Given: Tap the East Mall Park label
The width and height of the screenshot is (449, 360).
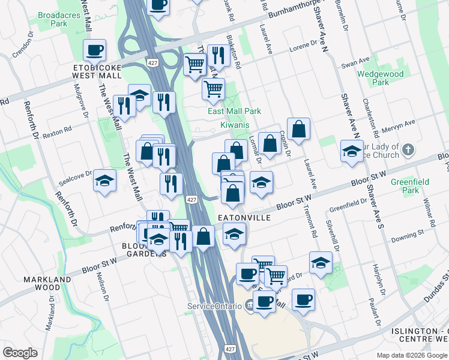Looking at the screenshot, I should click(234, 111).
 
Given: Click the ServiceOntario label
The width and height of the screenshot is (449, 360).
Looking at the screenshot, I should click(212, 306).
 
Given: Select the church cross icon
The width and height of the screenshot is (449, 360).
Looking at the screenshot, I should click(408, 149).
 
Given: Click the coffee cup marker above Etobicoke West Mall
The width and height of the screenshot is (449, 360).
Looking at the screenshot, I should click(95, 50).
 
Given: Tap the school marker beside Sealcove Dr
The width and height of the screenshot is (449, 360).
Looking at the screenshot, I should click(104, 180).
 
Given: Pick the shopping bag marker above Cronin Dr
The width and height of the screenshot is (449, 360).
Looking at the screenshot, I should click(298, 128).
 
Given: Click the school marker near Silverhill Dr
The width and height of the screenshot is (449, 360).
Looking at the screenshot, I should click(321, 262).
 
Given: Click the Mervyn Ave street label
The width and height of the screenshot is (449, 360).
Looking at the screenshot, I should click(401, 124).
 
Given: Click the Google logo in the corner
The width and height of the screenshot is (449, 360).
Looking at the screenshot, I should click(20, 353).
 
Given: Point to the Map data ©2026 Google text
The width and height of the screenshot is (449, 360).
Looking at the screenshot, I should click(412, 355).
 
